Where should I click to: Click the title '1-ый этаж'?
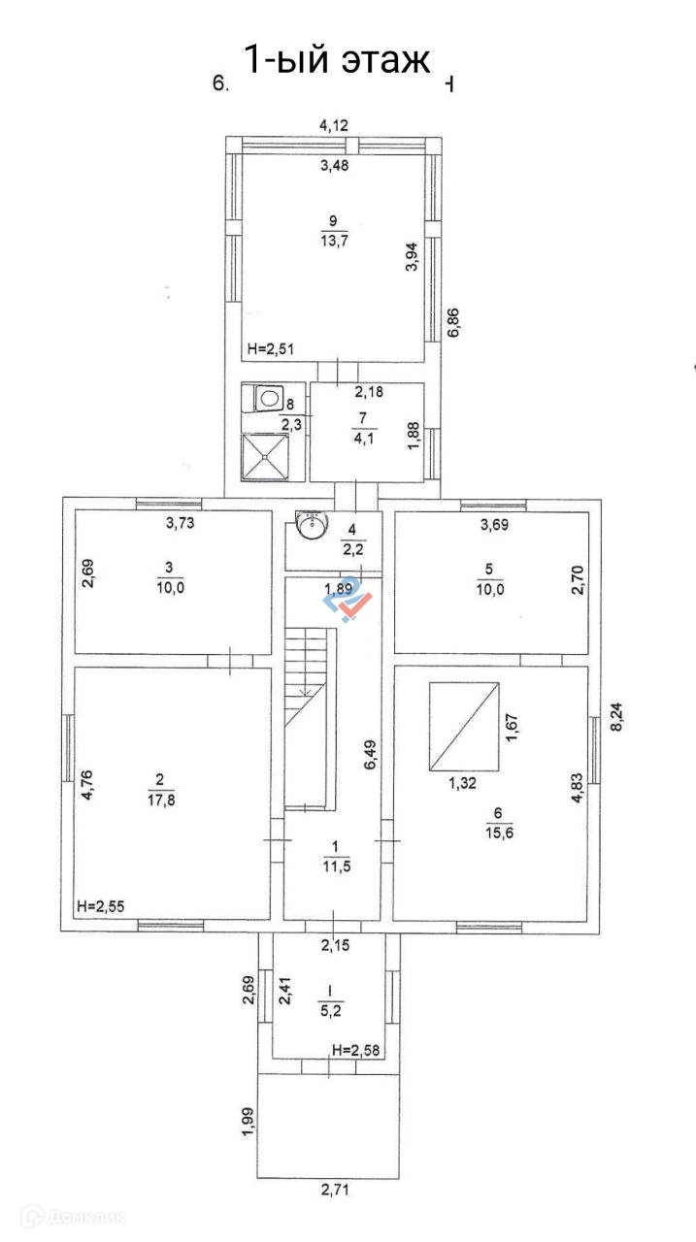336,60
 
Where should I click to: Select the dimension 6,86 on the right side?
453,321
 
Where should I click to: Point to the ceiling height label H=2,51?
271,348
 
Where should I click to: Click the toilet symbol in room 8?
269,398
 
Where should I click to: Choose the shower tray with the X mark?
266,456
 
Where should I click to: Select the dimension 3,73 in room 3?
179,525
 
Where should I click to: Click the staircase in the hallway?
308,679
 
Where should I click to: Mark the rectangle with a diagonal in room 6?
464,725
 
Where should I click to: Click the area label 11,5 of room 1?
331,866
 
